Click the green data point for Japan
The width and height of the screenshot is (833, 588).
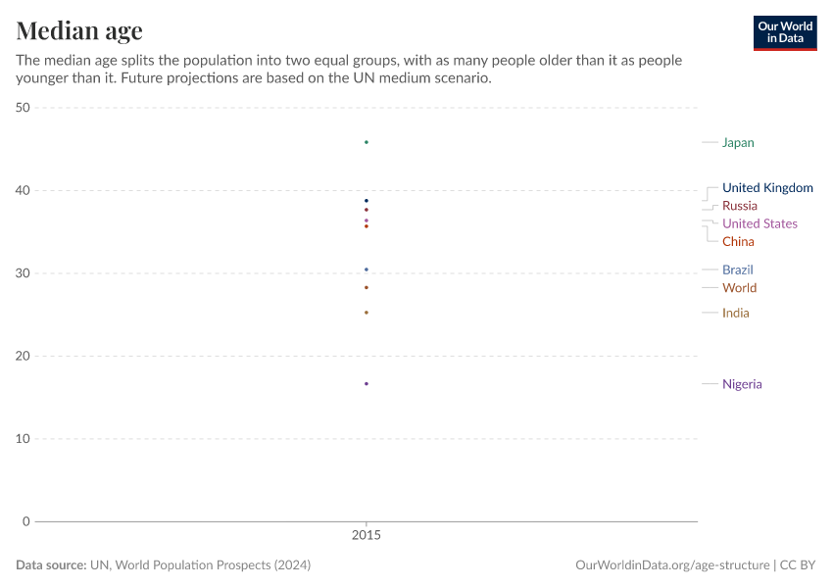pos(367,142)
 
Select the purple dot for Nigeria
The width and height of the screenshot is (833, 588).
pos(367,383)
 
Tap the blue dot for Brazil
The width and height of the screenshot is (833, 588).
pos(367,269)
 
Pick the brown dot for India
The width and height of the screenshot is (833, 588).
pos(367,313)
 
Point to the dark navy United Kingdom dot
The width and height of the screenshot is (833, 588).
pos(367,201)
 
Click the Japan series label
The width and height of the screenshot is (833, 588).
pos(738,143)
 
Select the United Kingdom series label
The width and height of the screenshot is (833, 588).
pos(767,188)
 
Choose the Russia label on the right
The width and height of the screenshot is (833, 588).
pos(739,206)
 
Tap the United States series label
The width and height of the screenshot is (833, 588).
pos(759,223)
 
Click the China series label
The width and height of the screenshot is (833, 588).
pos(738,242)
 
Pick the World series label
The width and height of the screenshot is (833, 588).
pos(739,288)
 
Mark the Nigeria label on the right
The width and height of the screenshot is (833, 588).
pos(742,384)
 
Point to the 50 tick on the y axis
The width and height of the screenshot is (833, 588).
pos(23,108)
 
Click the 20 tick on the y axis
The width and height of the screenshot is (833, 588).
pos(23,356)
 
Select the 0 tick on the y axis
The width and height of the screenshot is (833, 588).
pos(26,521)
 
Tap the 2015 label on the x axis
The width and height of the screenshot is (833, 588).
pos(367,537)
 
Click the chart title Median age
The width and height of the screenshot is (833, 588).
pos(79,30)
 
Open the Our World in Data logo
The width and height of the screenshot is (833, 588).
pos(784,32)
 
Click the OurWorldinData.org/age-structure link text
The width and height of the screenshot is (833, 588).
pos(671,565)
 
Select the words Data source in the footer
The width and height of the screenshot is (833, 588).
pos(50,565)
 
